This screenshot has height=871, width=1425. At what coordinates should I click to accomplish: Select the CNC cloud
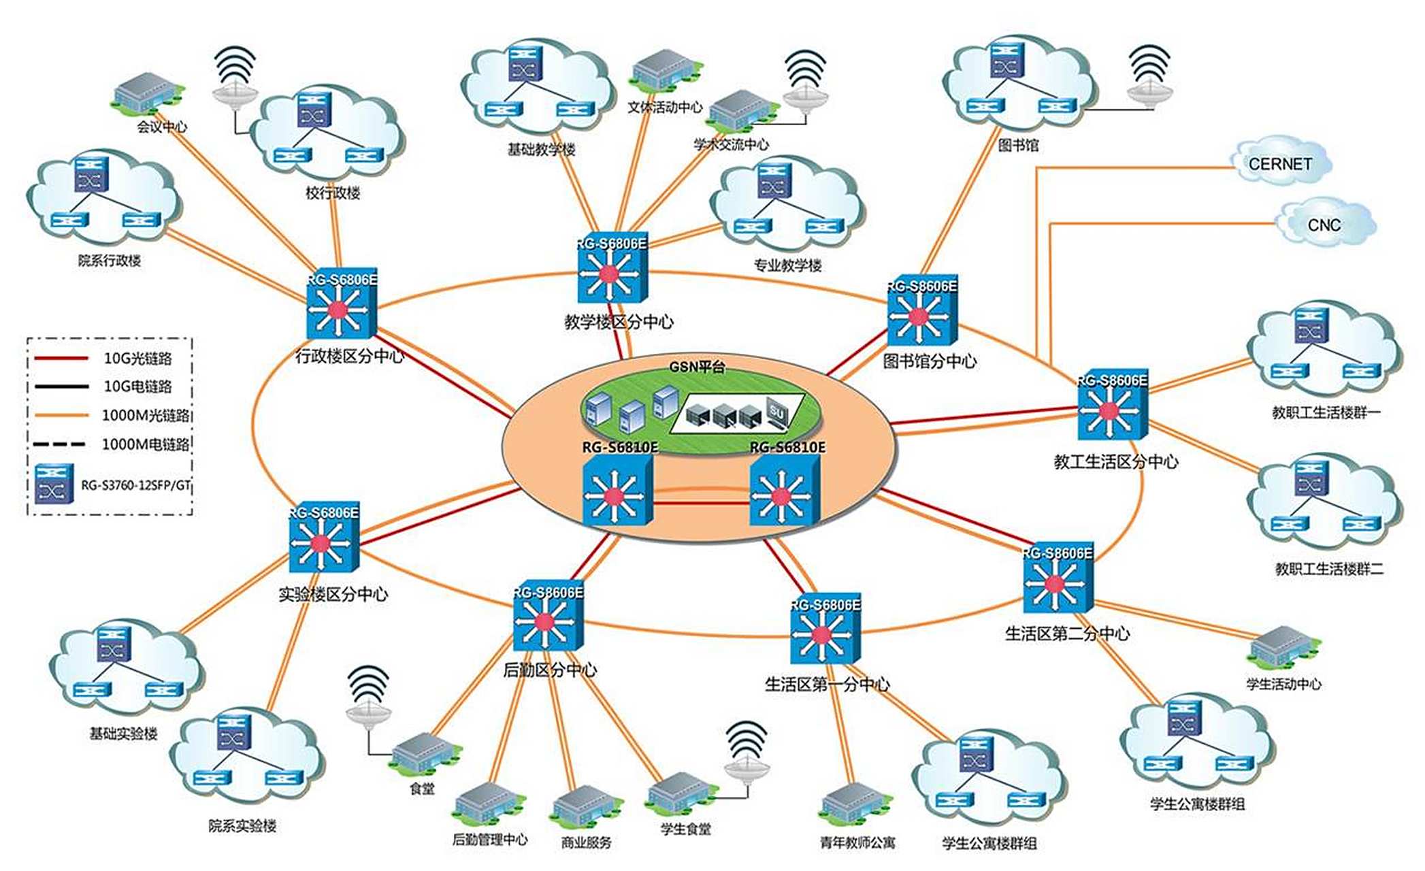[x=1324, y=224]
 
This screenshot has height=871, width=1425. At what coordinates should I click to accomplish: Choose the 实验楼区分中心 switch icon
[x=323, y=543]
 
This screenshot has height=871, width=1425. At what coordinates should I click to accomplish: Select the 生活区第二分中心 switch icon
[x=1058, y=582]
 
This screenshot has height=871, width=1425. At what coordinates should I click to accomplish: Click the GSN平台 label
[x=697, y=367]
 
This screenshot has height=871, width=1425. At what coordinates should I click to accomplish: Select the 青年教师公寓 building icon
[x=855, y=806]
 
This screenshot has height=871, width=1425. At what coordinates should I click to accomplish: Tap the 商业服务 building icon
[x=586, y=807]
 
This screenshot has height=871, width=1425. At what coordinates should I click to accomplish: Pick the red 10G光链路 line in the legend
[x=61, y=358]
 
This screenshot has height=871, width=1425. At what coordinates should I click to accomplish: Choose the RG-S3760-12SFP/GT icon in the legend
[x=54, y=484]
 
